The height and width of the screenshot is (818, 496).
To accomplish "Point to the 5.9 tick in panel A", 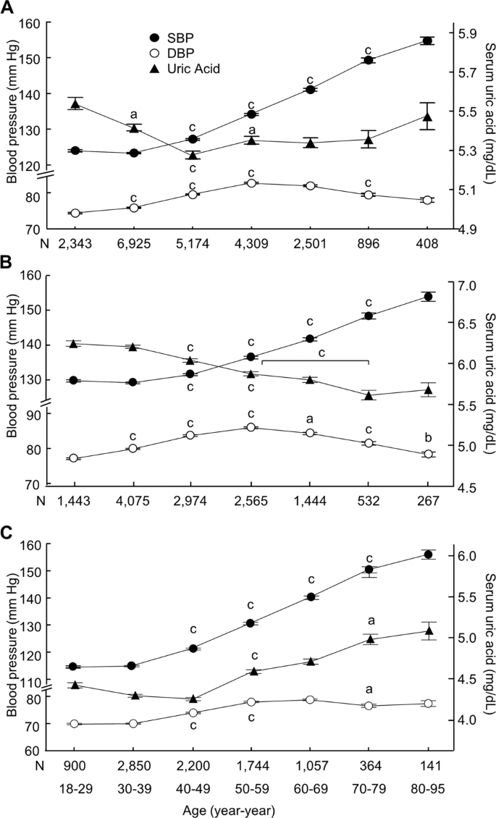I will coord(467,33).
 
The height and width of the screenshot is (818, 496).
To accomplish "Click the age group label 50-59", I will coord(251,785).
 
